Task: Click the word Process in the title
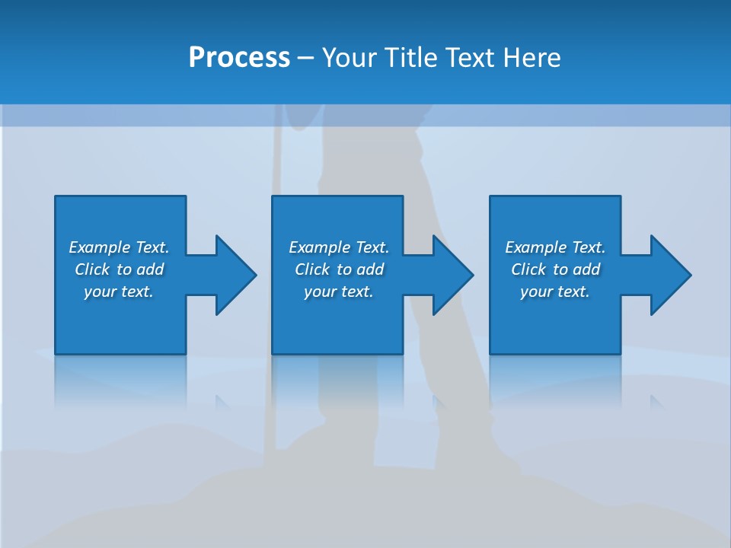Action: [239, 58]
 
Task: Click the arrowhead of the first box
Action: [235, 275]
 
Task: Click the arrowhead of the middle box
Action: [452, 275]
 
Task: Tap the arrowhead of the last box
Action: [670, 275]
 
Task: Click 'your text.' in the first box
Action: [119, 292]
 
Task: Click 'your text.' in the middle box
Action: [339, 292]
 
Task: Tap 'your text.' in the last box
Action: [555, 292]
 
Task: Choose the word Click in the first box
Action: [92, 269]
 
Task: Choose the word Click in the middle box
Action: [312, 269]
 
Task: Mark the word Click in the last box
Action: [528, 269]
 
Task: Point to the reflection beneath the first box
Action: [120, 381]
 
